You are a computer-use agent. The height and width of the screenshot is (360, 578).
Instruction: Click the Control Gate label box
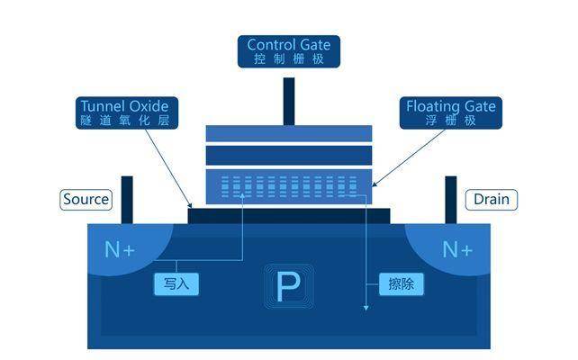pyautogui.click(x=288, y=51)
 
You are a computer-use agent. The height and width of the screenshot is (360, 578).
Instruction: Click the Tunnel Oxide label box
pyautogui.click(x=124, y=112)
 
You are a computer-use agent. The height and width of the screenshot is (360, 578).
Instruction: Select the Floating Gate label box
pyautogui.click(x=450, y=112)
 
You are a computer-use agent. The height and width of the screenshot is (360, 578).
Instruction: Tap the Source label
pyautogui.click(x=86, y=199)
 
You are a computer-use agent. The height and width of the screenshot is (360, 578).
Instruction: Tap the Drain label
pyautogui.click(x=491, y=199)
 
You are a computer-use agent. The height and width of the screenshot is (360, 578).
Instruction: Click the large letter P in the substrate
pyautogui.click(x=288, y=287)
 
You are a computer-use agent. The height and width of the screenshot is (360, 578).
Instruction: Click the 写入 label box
pyautogui.click(x=175, y=283)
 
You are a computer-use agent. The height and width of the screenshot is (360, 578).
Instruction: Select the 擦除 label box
pyautogui.click(x=401, y=283)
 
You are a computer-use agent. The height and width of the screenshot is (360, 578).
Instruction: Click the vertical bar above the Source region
pyautogui.click(x=127, y=198)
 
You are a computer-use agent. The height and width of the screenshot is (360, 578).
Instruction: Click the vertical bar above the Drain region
pyautogui.click(x=451, y=198)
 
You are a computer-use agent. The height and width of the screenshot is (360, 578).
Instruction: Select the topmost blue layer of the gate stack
pyautogui.click(x=288, y=134)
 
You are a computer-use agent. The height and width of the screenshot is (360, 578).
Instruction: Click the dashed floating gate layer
pyautogui.click(x=288, y=187)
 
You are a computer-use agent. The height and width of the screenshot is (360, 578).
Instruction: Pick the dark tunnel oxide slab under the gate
pyautogui.click(x=288, y=215)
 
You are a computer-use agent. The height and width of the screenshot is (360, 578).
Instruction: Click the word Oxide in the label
pyautogui.click(x=148, y=106)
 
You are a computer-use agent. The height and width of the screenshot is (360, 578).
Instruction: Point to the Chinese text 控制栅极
pyautogui.click(x=288, y=59)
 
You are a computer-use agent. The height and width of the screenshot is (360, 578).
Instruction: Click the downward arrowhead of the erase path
pyautogui.click(x=366, y=308)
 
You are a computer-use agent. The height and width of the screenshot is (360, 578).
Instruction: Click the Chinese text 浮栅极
pyautogui.click(x=450, y=121)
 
